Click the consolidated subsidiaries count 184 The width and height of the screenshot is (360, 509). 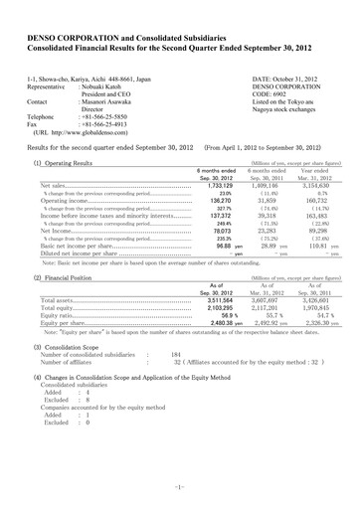coord(176,325)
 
